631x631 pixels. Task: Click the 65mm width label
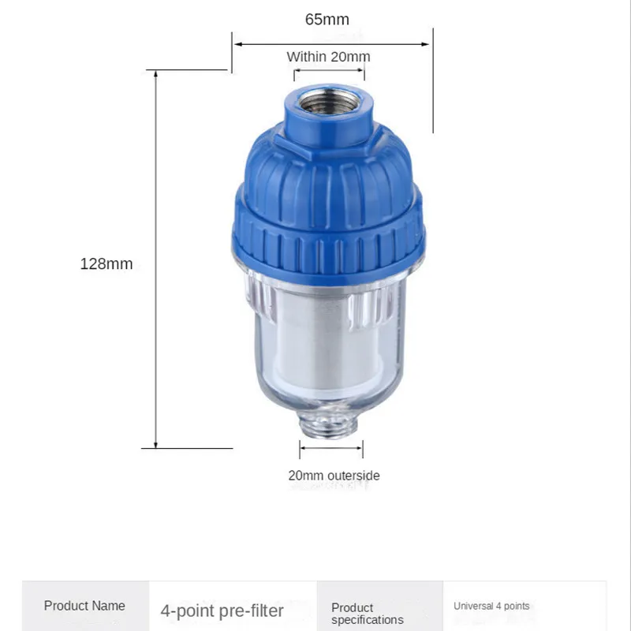(327, 20)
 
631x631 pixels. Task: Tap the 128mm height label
(106, 264)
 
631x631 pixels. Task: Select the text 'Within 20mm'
(328, 57)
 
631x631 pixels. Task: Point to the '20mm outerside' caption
(334, 476)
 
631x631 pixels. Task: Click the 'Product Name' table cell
(84, 606)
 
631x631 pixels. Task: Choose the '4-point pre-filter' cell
(222, 610)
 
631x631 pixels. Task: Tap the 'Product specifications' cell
(368, 614)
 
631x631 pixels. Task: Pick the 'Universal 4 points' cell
(491, 606)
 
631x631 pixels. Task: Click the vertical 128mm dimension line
(156, 260)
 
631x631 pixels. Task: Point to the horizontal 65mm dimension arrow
(331, 44)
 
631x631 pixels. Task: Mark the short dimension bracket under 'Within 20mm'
(329, 72)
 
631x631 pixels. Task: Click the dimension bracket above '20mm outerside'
(331, 450)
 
